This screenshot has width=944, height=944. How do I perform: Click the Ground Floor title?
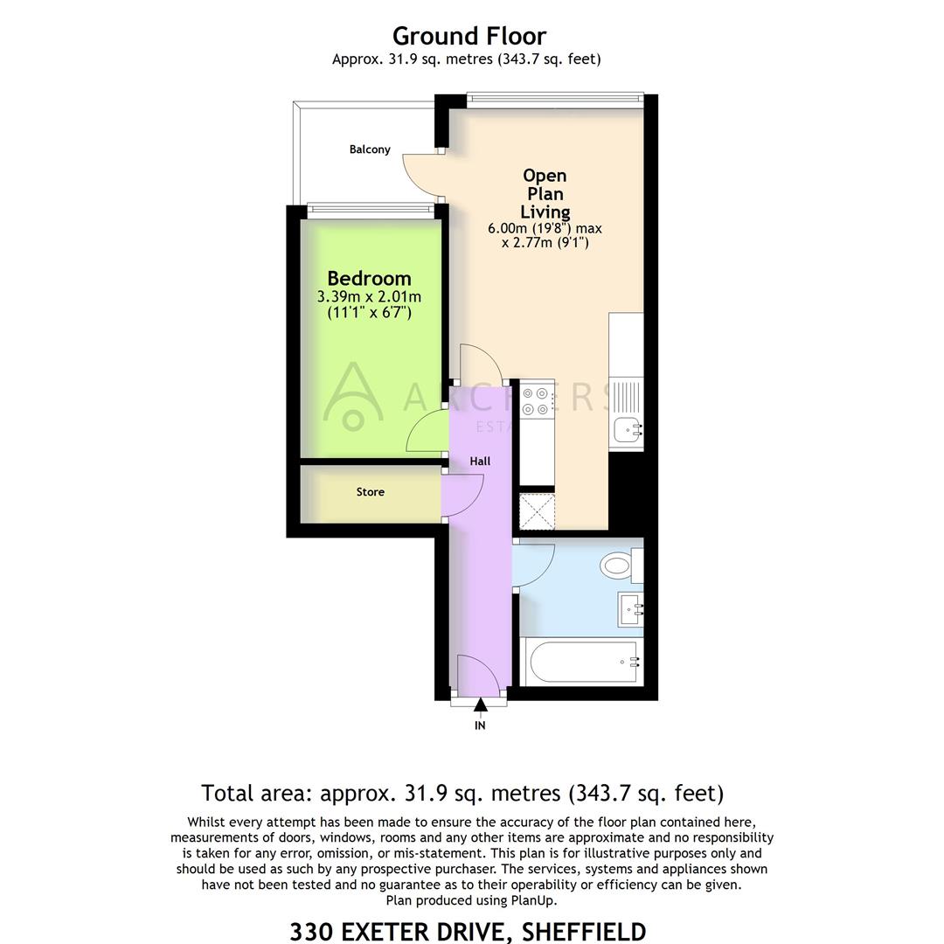click(469, 37)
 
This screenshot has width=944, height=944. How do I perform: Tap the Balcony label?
click(370, 149)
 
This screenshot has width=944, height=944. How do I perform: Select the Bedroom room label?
click(369, 279)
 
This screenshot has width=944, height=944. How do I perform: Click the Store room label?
click(370, 492)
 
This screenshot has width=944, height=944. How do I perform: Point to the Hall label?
click(480, 461)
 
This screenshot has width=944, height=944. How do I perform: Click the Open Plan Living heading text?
click(545, 193)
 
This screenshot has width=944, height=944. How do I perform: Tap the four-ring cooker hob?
click(537, 399)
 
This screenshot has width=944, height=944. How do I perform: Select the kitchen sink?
click(627, 429)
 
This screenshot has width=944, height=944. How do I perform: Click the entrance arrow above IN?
click(480, 705)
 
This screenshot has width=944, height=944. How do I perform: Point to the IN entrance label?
click(480, 725)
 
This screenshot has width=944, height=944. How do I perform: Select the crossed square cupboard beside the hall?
click(537, 511)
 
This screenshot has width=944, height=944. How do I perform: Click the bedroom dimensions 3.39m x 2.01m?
click(369, 298)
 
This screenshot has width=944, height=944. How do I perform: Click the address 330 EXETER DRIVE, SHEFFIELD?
click(468, 931)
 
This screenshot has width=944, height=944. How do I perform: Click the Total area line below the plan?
click(462, 793)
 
